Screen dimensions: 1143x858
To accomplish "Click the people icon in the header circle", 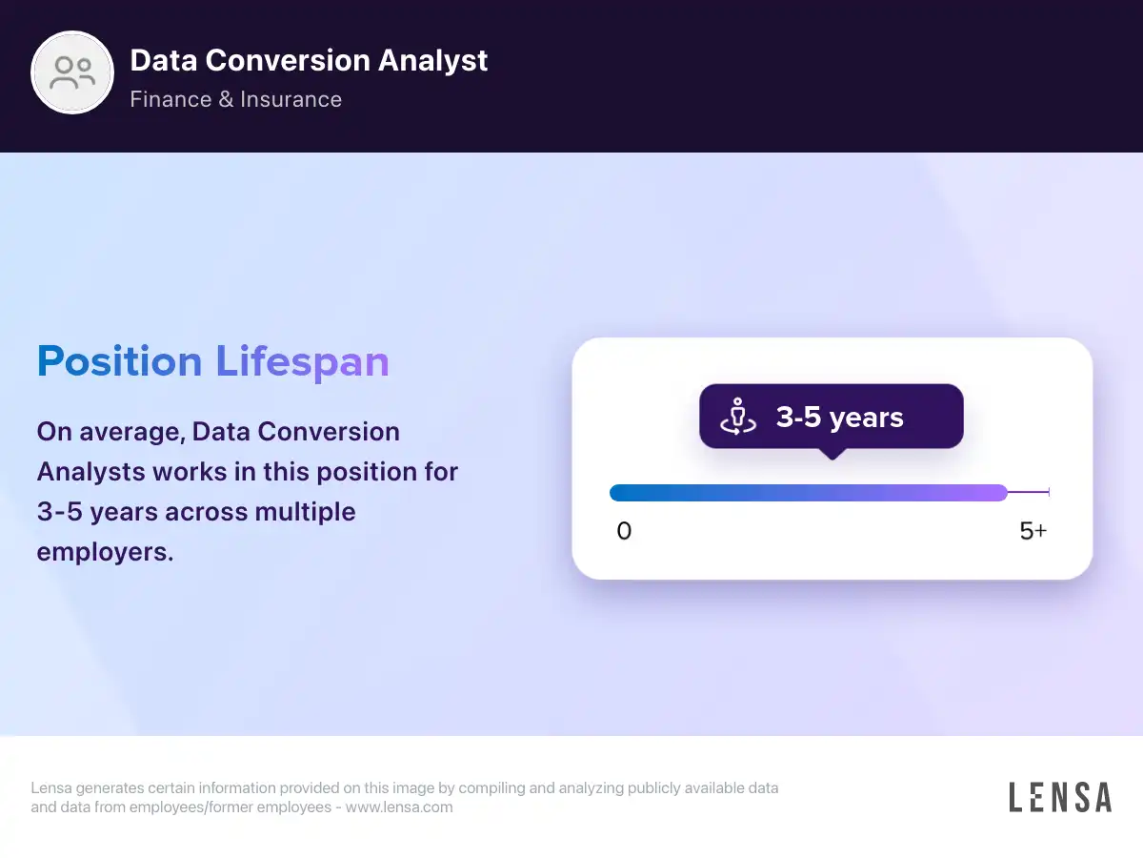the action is pyautogui.click(x=72, y=72).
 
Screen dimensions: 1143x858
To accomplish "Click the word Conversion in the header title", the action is pyautogui.click(x=288, y=60).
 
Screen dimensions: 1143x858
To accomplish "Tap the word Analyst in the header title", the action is pyautogui.click(x=432, y=61).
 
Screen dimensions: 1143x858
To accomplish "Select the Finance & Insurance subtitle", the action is pyautogui.click(x=236, y=99).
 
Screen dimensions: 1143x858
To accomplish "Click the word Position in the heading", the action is pyautogui.click(x=119, y=361).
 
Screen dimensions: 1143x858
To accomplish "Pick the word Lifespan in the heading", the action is pyautogui.click(x=303, y=363).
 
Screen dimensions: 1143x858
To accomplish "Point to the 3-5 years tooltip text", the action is pyautogui.click(x=839, y=418).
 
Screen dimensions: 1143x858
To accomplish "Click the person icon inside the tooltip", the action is pyautogui.click(x=738, y=417).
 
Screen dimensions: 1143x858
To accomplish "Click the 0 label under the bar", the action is pyautogui.click(x=624, y=531).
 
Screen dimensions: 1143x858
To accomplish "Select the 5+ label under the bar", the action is pyautogui.click(x=1033, y=531).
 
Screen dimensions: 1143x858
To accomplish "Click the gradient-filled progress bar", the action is pyautogui.click(x=809, y=493).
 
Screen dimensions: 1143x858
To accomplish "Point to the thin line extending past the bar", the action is pyautogui.click(x=1029, y=492).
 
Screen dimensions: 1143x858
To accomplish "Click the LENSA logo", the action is pyautogui.click(x=1060, y=797).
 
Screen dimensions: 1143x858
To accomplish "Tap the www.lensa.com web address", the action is pyautogui.click(x=399, y=807).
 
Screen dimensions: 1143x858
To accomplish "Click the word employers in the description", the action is pyautogui.click(x=105, y=552).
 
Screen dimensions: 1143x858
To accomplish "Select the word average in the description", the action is pyautogui.click(x=132, y=433).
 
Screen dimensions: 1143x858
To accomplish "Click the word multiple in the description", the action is pyautogui.click(x=305, y=512).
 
